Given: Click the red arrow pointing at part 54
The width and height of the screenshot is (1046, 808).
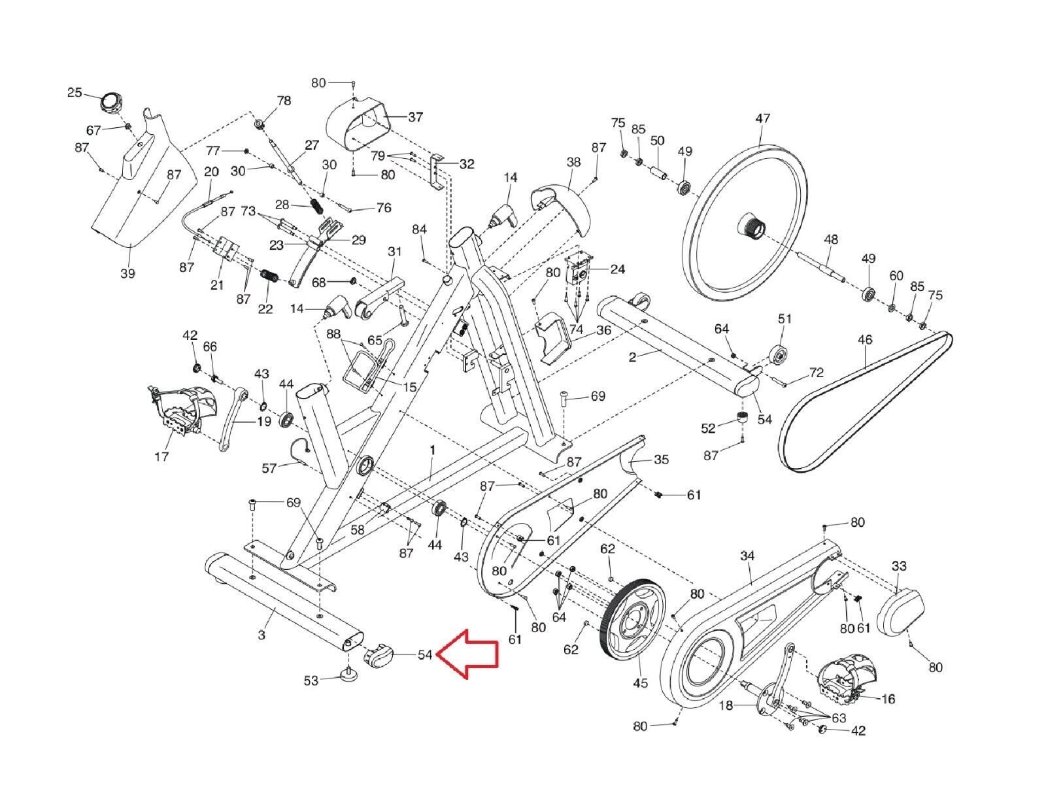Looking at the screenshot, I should [x=467, y=654].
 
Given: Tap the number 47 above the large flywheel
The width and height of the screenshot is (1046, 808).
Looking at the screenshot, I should [x=762, y=118].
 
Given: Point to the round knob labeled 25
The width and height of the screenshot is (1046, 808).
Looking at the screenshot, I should [x=110, y=102].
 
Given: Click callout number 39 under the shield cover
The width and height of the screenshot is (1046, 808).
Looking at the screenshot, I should [x=128, y=273].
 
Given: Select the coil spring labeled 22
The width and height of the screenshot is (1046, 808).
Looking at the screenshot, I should [x=270, y=276].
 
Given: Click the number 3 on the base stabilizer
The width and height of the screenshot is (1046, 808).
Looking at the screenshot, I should [x=262, y=634].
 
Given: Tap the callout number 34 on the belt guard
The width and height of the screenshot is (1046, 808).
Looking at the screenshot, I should [x=747, y=555].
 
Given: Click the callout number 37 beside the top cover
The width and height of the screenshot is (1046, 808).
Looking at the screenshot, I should [x=416, y=117].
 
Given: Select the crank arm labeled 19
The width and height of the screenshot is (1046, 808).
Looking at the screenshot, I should [x=232, y=422].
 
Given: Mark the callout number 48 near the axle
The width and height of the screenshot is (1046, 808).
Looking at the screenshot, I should [x=830, y=239].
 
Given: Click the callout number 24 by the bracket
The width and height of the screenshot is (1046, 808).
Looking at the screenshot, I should [x=617, y=269].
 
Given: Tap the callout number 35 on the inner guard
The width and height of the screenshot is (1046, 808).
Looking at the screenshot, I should [x=661, y=460].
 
